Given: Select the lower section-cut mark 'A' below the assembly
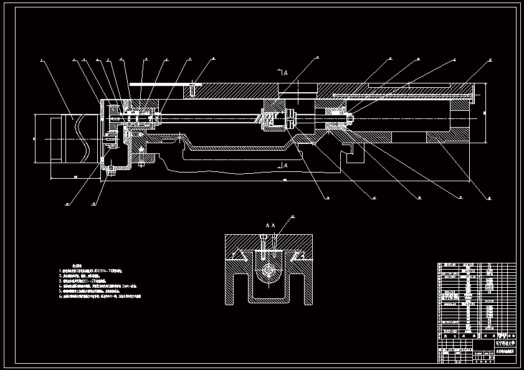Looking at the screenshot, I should point(283,166).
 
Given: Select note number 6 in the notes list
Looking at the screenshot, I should point(60,296).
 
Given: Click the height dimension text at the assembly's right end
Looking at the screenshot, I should point(484,112).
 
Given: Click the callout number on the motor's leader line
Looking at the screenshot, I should point(40,60).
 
